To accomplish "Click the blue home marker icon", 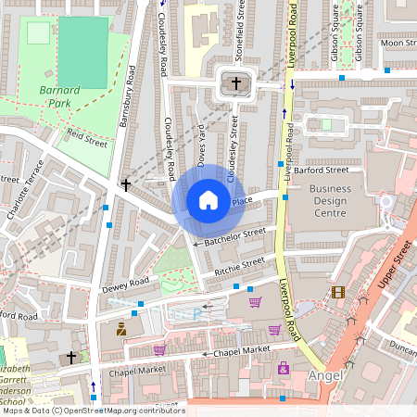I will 208,200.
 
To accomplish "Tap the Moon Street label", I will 398,43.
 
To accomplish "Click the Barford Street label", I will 322,171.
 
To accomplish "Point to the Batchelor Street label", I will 234,238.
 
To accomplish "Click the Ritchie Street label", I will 239,266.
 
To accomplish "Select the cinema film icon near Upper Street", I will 337,292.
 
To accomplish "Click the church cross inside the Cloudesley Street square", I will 235,84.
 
